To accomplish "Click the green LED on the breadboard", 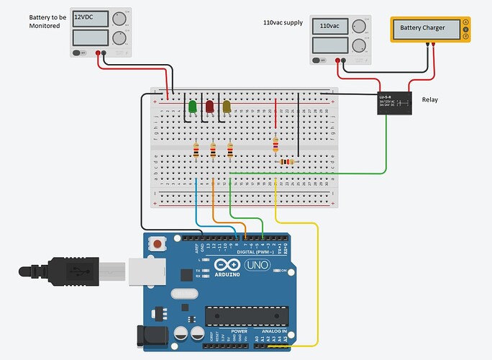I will [x=193, y=107].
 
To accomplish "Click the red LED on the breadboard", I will [x=210, y=107].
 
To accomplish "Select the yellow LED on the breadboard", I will [x=227, y=107].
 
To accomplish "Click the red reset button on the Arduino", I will [x=157, y=246].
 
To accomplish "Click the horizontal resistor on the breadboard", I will [x=287, y=162].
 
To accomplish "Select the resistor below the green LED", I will [x=196, y=150].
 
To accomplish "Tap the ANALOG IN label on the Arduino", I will [x=272, y=332].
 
